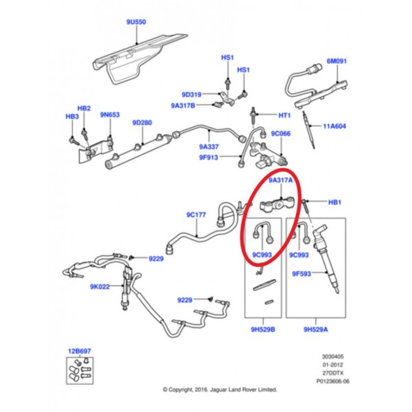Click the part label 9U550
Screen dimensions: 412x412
pyautogui.click(x=136, y=22)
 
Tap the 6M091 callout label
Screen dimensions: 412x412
pyautogui.click(x=337, y=60)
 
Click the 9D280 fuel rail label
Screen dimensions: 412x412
pyautogui.click(x=141, y=122)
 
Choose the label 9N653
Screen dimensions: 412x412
pyautogui.click(x=110, y=115)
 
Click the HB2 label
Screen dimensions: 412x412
pyautogui.click(x=84, y=108)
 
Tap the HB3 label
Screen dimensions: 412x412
pyautogui.click(x=72, y=117)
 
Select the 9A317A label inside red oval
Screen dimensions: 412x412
pyautogui.click(x=280, y=181)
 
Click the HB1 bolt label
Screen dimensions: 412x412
pyautogui.click(x=334, y=203)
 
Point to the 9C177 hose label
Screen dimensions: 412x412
pyautogui.click(x=196, y=215)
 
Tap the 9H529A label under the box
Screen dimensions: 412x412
pyautogui.click(x=315, y=330)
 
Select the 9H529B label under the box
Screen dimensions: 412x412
pyautogui.click(x=264, y=330)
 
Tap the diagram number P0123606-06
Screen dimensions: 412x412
pyautogui.click(x=332, y=380)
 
